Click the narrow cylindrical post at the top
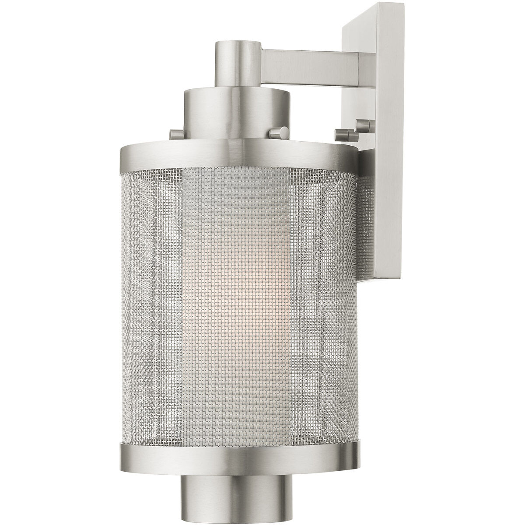click(238, 63)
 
